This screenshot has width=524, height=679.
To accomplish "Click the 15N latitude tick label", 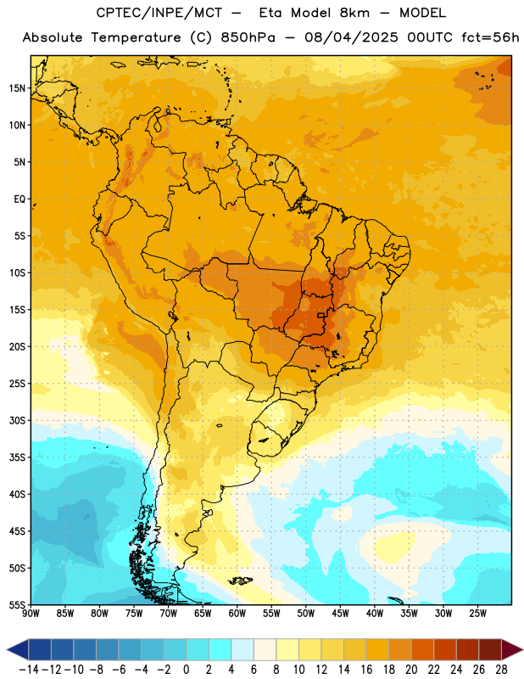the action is pos(17,88).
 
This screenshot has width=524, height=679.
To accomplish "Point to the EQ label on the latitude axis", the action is pos(20,199).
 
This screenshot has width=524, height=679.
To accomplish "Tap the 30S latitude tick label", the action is pos(17,420).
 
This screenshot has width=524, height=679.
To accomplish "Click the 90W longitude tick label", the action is pos(31,614).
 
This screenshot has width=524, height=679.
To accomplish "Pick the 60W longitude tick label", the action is pos(237,614).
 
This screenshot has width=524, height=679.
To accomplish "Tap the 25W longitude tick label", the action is pos(477,614).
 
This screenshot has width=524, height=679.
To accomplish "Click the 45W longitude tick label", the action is pos(340,614).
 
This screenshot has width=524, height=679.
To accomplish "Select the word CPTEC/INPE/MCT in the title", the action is pos(159,13).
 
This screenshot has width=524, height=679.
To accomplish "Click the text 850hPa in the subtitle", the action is pos(248,37).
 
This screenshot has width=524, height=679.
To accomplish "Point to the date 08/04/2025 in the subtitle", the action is pos(351,37).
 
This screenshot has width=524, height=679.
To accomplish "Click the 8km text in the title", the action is pos(354,13).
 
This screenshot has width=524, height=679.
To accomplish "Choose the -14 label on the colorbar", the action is pos(29,670).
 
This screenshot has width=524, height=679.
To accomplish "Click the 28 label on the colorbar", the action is pos(501,670).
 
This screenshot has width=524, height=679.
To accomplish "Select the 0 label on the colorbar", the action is pos(187,670).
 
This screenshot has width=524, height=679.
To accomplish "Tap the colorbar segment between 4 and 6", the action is pos(242,649).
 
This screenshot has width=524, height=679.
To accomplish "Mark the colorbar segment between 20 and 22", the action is pos(423,649).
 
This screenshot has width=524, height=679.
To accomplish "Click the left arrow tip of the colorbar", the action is pos(7,649).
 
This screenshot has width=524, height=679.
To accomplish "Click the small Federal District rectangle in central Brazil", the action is pos(321,315).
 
